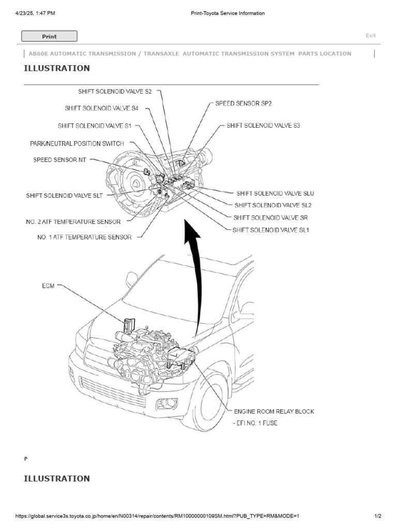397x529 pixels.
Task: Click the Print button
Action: coord(49,36)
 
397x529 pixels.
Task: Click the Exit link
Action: coord(371,36)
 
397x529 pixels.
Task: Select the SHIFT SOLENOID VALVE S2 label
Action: coord(115,91)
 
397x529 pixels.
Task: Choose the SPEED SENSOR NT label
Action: coord(59,160)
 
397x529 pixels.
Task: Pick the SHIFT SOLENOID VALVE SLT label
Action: coord(65,196)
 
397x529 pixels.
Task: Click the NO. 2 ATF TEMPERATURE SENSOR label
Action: coord(73,222)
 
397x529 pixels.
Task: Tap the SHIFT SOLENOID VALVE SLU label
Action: coord(276,193)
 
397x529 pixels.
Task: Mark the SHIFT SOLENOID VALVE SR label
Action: coord(271,217)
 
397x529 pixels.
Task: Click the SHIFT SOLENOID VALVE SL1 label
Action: coord(271,230)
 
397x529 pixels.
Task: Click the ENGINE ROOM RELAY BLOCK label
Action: coord(274,412)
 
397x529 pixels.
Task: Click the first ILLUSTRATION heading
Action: coord(57,68)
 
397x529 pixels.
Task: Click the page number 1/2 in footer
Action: coord(378,516)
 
